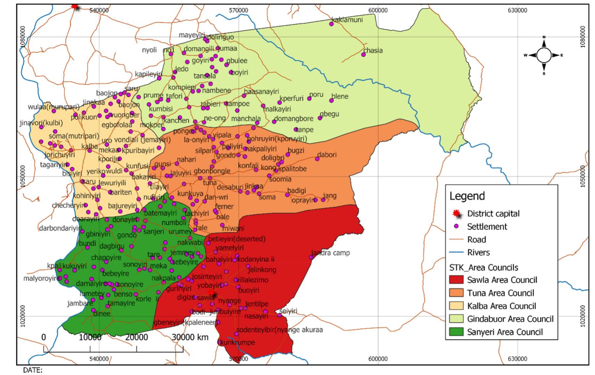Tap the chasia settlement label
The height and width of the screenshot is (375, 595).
(373, 50)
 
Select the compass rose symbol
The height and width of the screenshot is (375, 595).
(544, 55)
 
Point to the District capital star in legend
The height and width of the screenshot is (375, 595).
(456, 213)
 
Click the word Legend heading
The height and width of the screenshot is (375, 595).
(467, 196)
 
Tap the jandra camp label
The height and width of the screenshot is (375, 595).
(331, 253)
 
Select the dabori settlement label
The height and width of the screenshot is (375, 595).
(327, 155)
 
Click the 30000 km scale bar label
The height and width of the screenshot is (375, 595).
(190, 337)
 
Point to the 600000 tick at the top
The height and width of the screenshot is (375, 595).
(378, 10)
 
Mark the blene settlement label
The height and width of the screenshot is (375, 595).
(340, 96)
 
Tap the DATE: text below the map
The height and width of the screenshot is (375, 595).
(33, 370)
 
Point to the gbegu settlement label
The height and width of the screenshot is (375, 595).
(329, 114)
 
